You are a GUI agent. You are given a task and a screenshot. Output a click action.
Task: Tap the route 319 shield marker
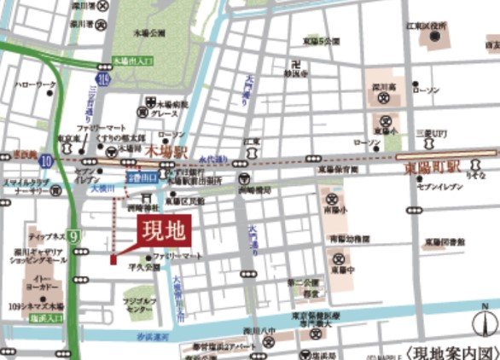tap(102, 79)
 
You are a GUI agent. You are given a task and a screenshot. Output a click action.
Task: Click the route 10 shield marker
tap(45, 159)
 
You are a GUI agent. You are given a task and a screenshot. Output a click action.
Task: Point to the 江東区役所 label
tap(429, 26)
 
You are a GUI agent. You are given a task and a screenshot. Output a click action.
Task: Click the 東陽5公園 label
tap(323, 39)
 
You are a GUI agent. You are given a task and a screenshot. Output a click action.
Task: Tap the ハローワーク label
tap(34, 85)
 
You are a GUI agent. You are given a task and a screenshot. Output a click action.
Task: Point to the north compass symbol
tap(485, 323)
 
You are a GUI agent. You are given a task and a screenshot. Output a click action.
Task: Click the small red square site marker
tap(113, 258)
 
